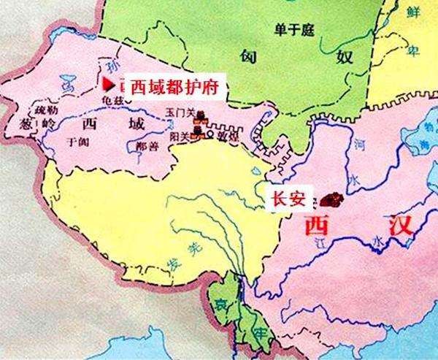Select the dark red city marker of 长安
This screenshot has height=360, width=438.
click(x=336, y=199)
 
